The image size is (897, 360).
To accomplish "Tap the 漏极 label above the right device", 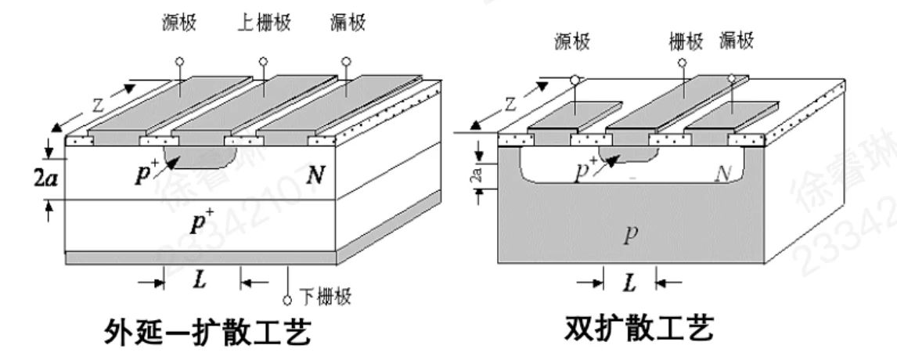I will point(736,42).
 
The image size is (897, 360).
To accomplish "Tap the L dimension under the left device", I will point(200,280).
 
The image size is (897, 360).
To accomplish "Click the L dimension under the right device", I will point(629,283).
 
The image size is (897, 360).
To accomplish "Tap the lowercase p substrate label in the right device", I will point(626,236).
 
